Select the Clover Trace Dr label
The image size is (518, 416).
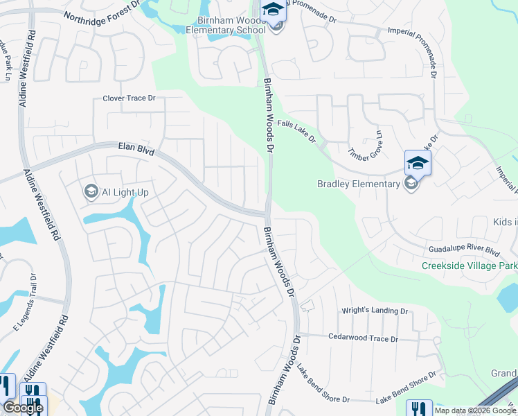coord(129,98)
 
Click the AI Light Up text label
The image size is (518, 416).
coord(125,191)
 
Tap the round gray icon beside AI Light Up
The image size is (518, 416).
coord(91,191)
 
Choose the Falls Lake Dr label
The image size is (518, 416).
coord(296,130)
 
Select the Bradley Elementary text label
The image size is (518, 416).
coord(359,184)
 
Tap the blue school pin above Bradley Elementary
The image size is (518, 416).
coord(418,163)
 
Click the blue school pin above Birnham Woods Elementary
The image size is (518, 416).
coord(274,10)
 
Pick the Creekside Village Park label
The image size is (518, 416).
coord(470,266)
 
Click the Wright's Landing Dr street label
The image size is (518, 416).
coord(375,311)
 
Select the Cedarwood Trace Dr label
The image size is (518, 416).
coord(363,339)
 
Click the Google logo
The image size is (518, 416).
coord(22,408)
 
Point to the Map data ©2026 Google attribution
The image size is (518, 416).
coord(476,410)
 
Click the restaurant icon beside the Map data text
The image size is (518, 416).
coord(418,408)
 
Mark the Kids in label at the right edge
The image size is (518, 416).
coord(505,222)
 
